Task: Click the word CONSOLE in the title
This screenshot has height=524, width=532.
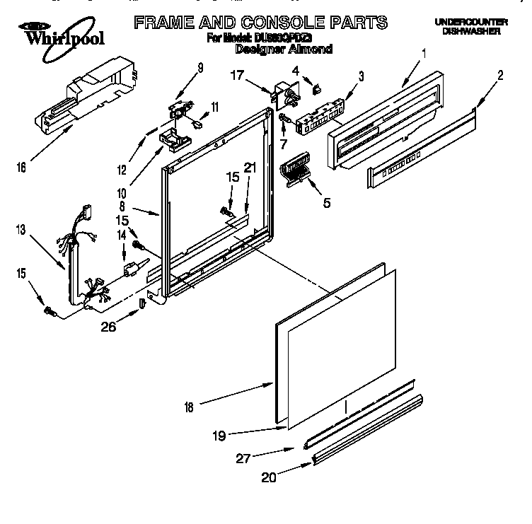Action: tap(274, 22)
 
